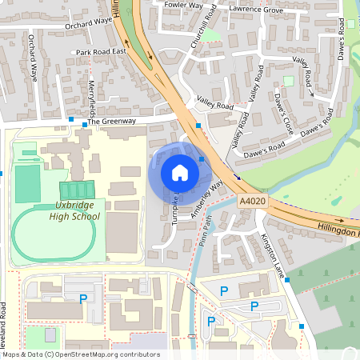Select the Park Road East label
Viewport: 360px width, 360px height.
click(x=102, y=52)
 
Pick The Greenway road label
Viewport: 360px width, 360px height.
click(x=118, y=121)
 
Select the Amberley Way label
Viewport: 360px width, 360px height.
click(x=205, y=204)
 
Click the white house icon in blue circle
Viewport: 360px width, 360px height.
click(x=180, y=173)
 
